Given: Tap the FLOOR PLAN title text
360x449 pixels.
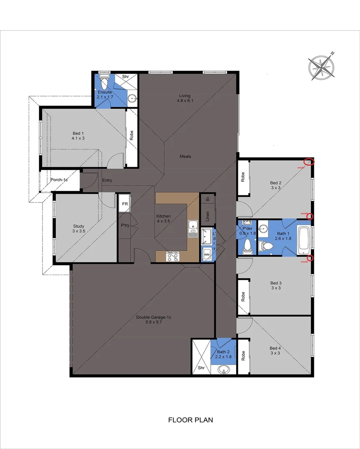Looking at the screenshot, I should click(190, 420).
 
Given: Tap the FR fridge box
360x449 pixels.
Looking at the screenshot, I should click(124, 204).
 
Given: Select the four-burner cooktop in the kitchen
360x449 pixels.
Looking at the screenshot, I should click(173, 257).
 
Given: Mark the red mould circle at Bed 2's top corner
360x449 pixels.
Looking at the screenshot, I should click(308, 162).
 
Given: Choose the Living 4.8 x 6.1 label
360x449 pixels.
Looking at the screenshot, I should click(185, 98).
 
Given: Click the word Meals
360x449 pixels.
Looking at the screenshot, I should click(185, 156).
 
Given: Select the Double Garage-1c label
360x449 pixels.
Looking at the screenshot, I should click(154, 320).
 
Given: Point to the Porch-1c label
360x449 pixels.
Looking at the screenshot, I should click(59, 180).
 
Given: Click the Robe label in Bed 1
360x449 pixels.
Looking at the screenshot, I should click(131, 135).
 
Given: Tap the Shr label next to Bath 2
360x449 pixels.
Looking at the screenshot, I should click(201, 368).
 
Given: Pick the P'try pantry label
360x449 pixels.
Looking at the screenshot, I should click(124, 226).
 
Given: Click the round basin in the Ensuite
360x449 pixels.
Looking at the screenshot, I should click(132, 99).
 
